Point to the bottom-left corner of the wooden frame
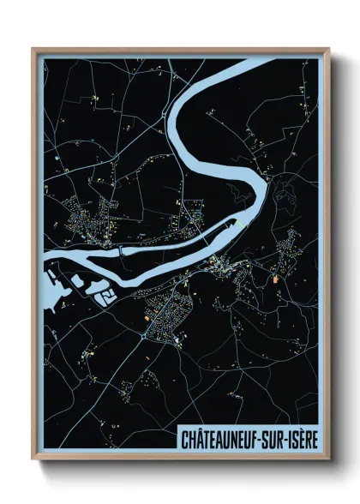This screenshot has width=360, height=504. pos(33,459)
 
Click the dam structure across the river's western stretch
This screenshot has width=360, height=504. pos(122,250)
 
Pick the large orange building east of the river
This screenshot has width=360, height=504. pos(275,277)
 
